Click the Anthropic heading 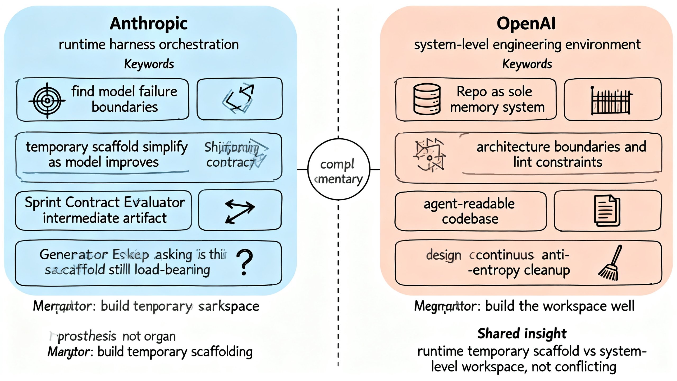[x=149, y=24]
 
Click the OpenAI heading [x=526, y=24]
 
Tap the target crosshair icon [x=47, y=101]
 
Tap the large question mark [x=245, y=262]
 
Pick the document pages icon [x=607, y=211]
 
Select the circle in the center [x=339, y=169]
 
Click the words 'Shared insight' [x=522, y=333]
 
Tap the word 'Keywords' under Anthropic [x=149, y=64]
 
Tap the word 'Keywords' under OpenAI [x=527, y=64]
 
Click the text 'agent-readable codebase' [x=470, y=211]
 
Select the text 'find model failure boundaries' [x=124, y=99]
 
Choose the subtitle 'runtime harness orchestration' [x=149, y=44]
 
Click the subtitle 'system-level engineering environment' [x=527, y=44]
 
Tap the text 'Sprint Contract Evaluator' [x=105, y=202]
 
